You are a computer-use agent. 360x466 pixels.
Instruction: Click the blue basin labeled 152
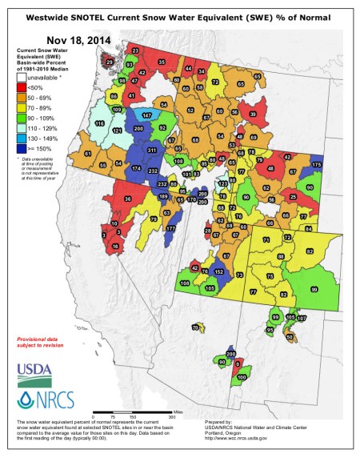(x=219, y=272)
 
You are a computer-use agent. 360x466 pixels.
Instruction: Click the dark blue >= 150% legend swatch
(x=22, y=149)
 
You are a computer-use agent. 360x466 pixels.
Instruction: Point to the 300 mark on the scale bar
(x=170, y=417)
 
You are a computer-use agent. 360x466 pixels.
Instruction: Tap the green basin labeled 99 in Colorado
(x=313, y=288)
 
